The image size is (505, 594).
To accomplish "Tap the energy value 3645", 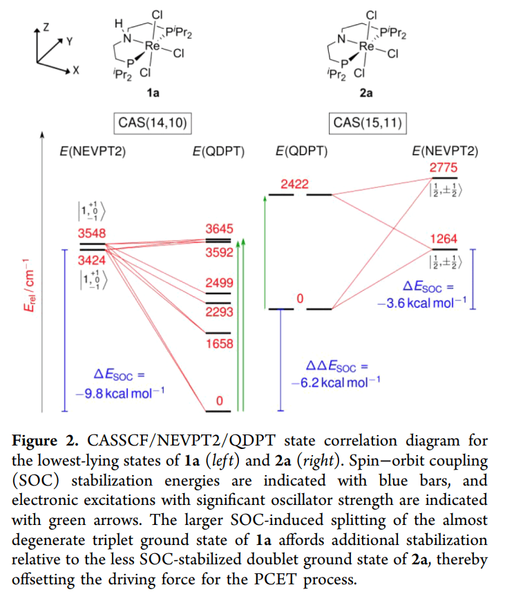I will tap(220, 228).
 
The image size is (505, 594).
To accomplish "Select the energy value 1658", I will tap(220, 344).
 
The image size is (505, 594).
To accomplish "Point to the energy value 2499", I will tap(220, 283).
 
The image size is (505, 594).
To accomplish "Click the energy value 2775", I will tap(444, 168).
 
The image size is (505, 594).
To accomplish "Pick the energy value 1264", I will tap(444, 239).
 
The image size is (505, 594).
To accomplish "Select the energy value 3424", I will tap(92, 260).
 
